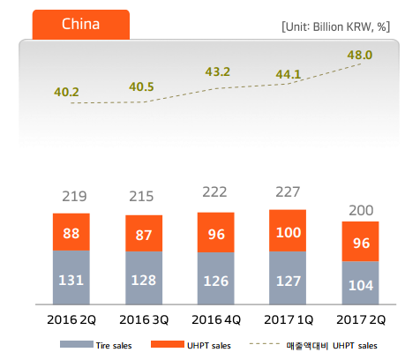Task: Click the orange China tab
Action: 81,25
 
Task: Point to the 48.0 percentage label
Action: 360,55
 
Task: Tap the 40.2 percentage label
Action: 66,92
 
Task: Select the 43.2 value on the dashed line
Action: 218,71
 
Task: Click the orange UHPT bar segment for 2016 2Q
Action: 71,232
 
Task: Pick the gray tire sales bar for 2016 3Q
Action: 144,278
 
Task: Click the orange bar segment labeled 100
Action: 288,230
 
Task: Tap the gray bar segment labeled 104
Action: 360,283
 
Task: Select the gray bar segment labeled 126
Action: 216,279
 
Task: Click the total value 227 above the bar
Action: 288,192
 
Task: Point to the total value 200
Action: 361,211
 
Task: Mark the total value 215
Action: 141,196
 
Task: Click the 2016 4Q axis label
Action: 216,319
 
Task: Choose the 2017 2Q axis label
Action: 361,319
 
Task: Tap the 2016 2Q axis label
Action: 71,319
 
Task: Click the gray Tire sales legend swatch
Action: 77,344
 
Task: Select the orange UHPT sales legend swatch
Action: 168,344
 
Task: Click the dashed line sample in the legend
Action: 265,343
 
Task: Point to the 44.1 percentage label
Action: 289,74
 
